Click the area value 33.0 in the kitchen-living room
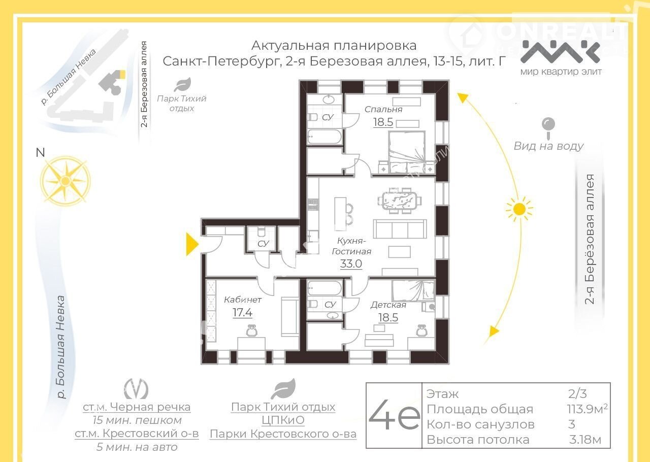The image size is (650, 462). click(x=351, y=264)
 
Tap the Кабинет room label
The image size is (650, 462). click(x=243, y=300)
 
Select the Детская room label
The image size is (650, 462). click(x=388, y=305)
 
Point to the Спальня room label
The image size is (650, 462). click(x=383, y=109)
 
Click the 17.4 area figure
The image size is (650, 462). click(x=242, y=313)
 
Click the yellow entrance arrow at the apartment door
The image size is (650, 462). click(x=192, y=244)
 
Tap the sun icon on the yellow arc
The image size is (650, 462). click(x=519, y=209)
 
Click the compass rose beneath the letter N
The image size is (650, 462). click(x=66, y=181)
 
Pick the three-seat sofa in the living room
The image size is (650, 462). click(x=400, y=229)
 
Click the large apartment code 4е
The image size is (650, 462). click(x=394, y=414)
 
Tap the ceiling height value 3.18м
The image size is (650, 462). click(x=585, y=440)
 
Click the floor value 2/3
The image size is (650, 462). click(x=577, y=394)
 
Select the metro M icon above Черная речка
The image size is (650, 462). click(x=136, y=389)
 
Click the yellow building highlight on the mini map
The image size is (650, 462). click(x=122, y=74)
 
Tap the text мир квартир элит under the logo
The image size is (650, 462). click(x=561, y=72)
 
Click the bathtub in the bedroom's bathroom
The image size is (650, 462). click(x=324, y=137)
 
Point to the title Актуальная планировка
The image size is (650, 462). click(x=334, y=46)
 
